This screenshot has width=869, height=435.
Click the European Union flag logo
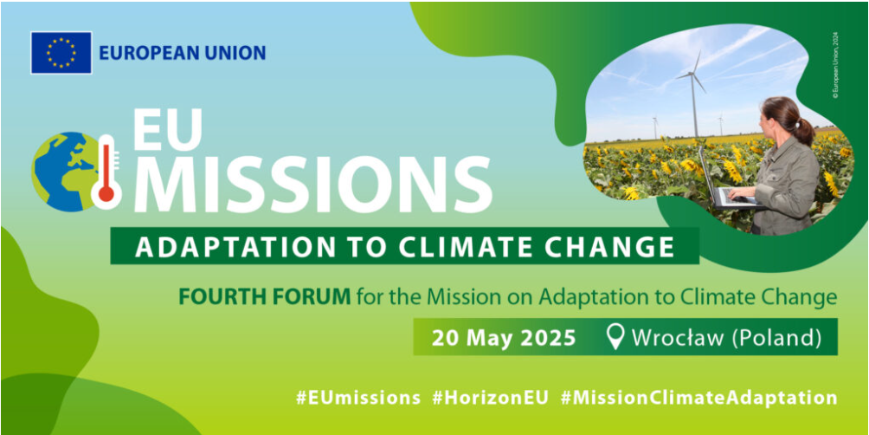(61, 53)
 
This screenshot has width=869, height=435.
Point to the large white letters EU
(167, 130)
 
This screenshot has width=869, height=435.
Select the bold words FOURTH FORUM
(264, 297)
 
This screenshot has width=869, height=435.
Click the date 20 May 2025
(504, 338)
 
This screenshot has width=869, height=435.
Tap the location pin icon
(615, 337)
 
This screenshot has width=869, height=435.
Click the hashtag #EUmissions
(357, 398)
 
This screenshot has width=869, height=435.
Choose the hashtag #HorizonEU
(491, 398)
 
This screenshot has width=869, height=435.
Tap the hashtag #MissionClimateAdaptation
(698, 398)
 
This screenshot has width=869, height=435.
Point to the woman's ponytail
(803, 131)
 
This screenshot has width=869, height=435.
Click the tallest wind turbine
(693, 94)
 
